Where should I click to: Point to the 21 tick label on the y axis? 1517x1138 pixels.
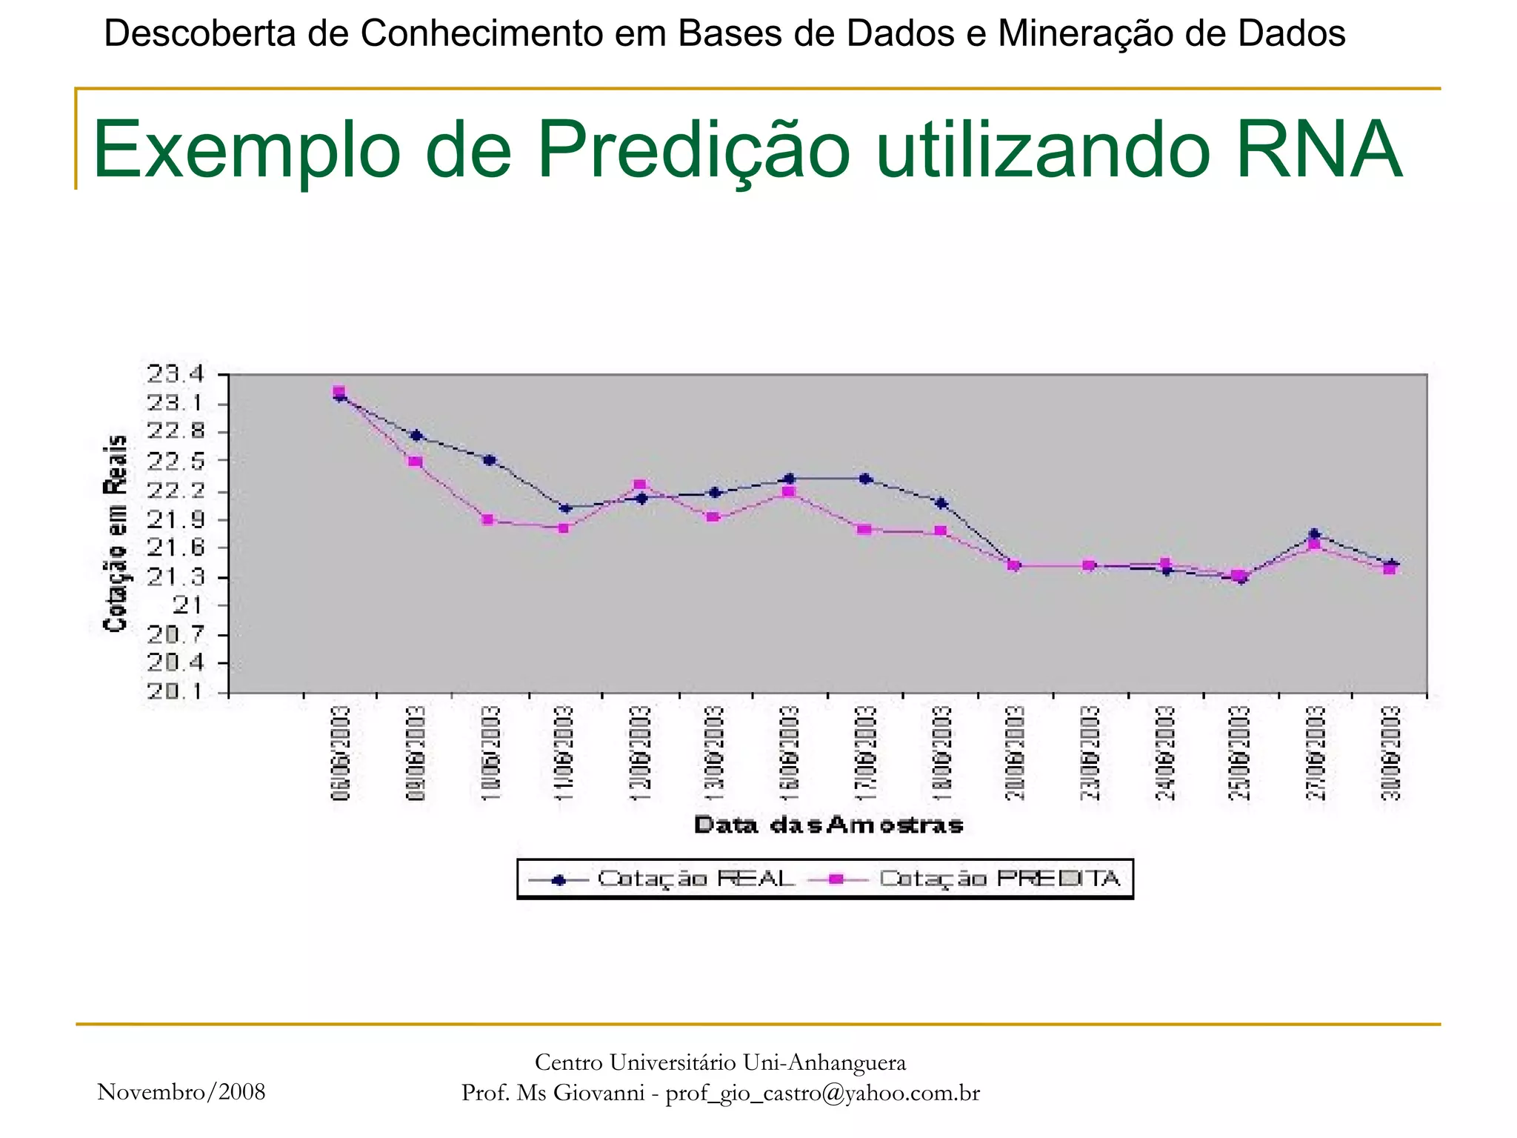[x=187, y=605]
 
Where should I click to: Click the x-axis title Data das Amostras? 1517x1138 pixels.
[x=828, y=825]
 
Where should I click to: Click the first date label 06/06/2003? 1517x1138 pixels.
[x=340, y=753]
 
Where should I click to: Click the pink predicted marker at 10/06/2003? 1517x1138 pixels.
[x=487, y=519]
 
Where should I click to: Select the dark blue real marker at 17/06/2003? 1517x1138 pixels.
[x=864, y=479]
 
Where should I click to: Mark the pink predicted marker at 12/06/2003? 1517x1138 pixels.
[x=640, y=485]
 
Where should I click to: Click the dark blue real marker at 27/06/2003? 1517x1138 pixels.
[x=1315, y=533]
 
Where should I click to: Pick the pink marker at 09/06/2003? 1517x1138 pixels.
[x=416, y=462]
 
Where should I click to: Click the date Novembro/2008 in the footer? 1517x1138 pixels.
[x=181, y=1092]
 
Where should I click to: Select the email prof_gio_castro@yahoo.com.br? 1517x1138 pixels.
[x=822, y=1093]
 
